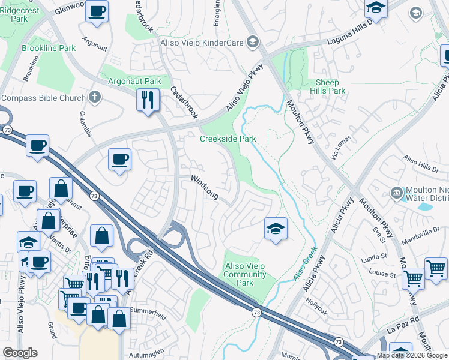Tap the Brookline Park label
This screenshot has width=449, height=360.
pos(49,48)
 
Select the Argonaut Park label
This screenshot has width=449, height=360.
pos(135,81)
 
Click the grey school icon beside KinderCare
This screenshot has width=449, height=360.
pos(253,41)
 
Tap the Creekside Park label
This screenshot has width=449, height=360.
pos(228,139)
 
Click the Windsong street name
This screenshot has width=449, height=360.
pos(205,187)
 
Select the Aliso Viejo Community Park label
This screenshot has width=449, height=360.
pos(245,274)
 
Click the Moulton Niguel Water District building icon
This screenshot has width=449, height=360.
pos(396,193)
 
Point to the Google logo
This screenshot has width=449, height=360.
pos(20,353)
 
